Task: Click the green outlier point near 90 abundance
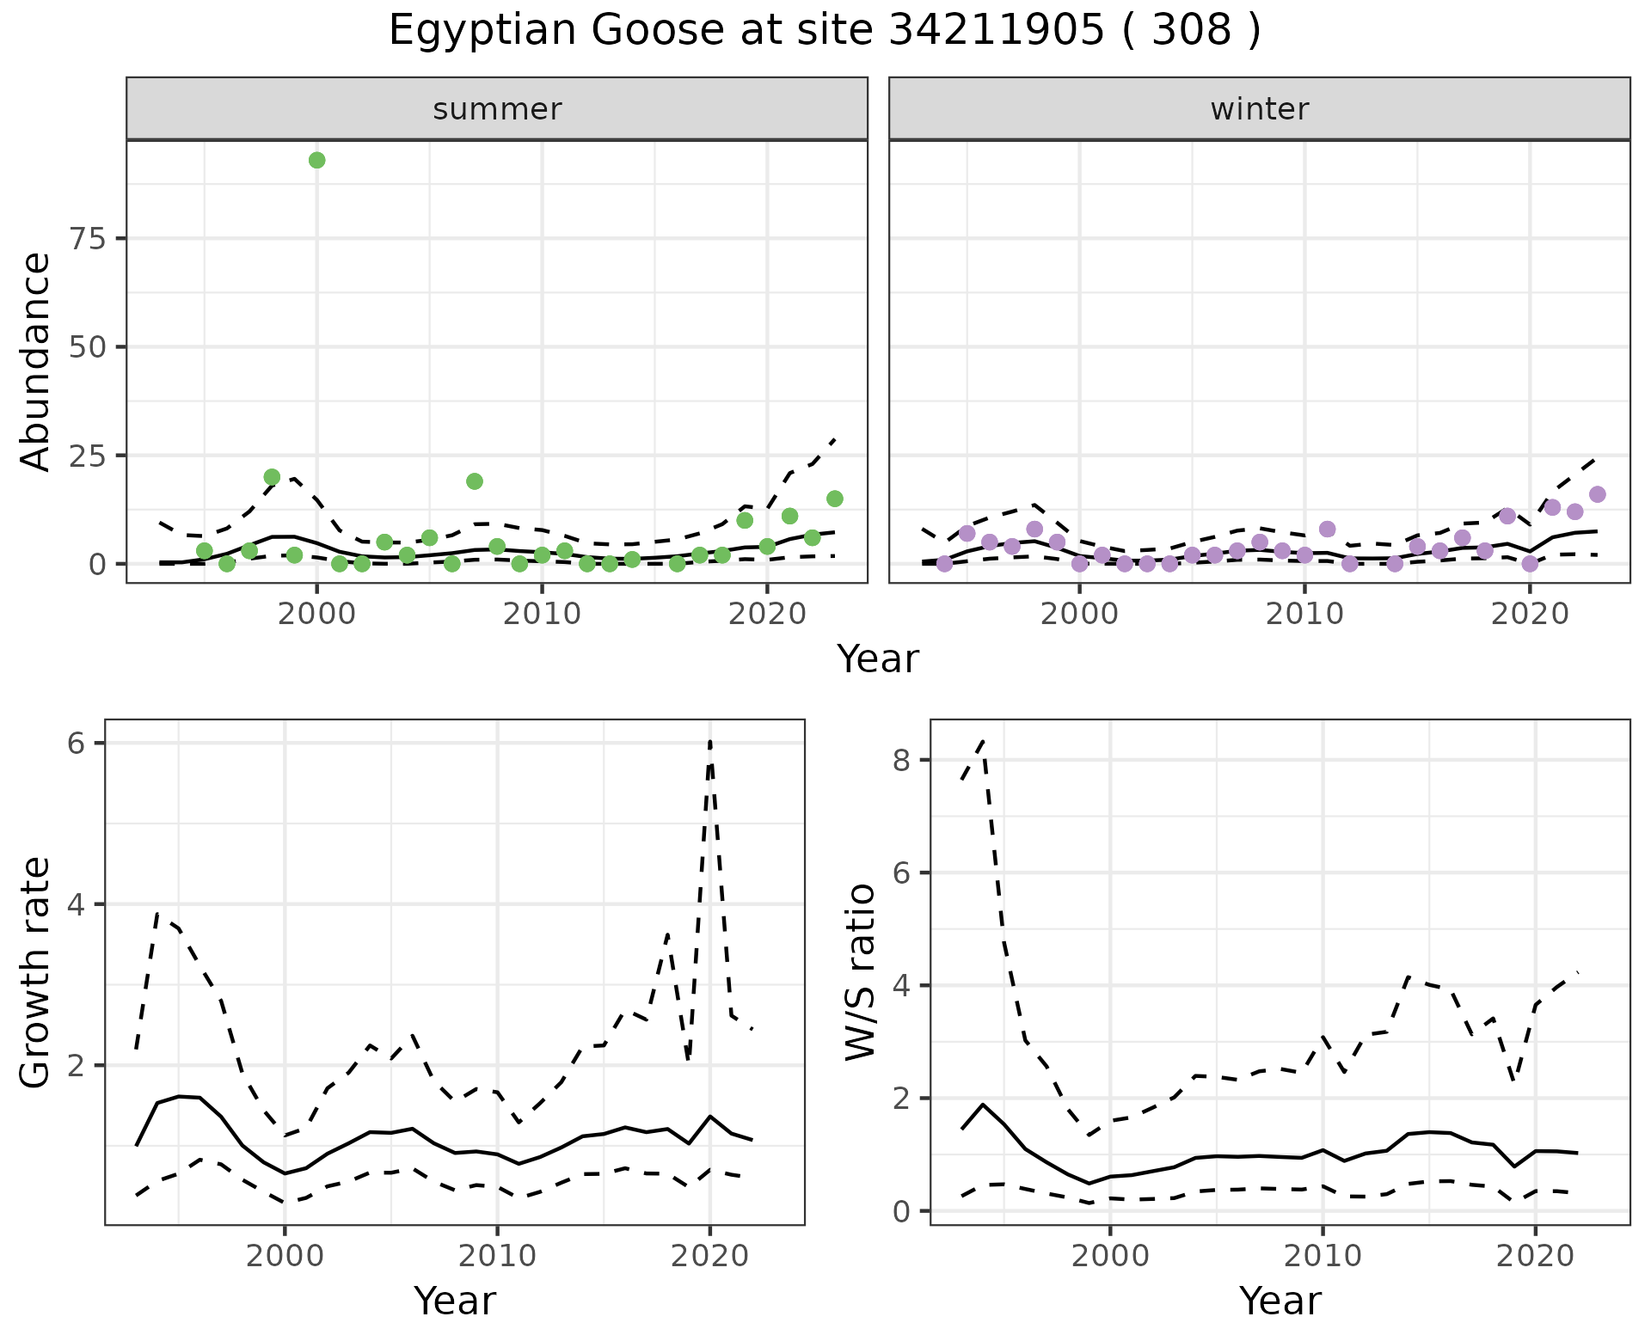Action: [316, 160]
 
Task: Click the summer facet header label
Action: [497, 109]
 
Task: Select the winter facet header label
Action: [1259, 109]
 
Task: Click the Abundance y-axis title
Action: [35, 361]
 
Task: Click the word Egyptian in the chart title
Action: [482, 31]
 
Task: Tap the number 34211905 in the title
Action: [996, 31]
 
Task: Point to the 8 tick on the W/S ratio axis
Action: [901, 760]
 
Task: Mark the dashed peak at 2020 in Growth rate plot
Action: [710, 742]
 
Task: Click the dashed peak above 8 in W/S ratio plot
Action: [982, 740]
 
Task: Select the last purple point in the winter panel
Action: [1598, 494]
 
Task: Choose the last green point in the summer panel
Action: [834, 499]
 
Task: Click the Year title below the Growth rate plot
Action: [455, 1301]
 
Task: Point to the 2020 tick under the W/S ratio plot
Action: [1536, 1256]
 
